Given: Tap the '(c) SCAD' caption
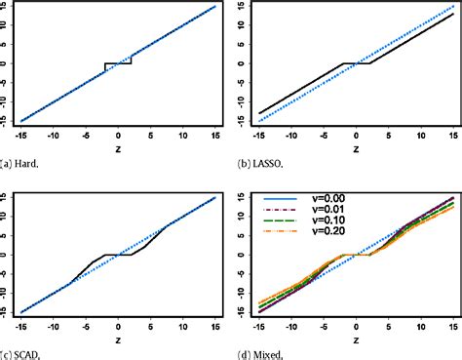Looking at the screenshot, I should pos(20,353).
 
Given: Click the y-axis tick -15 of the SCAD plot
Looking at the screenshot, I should pos(7,312).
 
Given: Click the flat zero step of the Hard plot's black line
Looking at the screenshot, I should pos(118,63).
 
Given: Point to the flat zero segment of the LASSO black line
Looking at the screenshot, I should pos(356,63).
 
